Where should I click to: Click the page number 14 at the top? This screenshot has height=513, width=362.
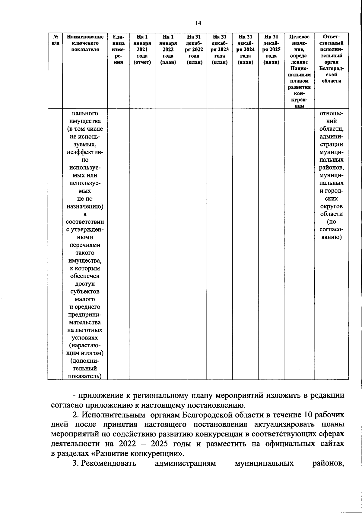click(x=198, y=23)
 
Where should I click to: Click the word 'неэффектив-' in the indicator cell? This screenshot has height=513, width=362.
click(x=85, y=152)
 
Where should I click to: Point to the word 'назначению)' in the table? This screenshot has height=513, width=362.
click(x=85, y=207)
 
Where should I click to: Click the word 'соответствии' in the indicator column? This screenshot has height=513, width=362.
click(x=85, y=222)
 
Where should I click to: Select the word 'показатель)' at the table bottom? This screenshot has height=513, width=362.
click(x=85, y=376)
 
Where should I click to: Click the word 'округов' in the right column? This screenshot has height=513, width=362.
click(x=331, y=207)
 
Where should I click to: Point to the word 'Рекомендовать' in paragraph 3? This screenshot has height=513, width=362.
click(x=109, y=463)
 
